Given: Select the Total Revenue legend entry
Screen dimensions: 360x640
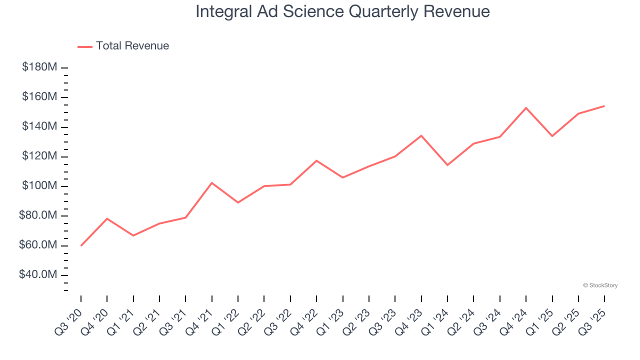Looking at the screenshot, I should [x=123, y=46].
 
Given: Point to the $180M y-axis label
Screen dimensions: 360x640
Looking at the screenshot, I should [x=39, y=67].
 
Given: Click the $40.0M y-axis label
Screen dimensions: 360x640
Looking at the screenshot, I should [x=37, y=275].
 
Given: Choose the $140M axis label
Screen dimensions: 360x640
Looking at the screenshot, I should [x=39, y=126].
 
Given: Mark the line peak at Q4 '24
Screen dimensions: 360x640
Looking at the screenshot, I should [x=526, y=107].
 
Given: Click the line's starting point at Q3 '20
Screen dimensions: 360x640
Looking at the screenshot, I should [x=81, y=245].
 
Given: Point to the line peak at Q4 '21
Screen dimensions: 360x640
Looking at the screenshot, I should [x=212, y=182].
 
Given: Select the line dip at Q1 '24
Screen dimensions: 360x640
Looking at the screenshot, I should [x=447, y=165].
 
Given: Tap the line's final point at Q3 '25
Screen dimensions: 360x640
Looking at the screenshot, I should [x=604, y=105].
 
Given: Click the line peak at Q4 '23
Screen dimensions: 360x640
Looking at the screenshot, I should [x=421, y=135].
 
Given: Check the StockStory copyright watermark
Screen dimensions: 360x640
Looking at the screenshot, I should [x=600, y=285].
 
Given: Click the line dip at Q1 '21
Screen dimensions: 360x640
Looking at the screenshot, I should [x=133, y=235].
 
